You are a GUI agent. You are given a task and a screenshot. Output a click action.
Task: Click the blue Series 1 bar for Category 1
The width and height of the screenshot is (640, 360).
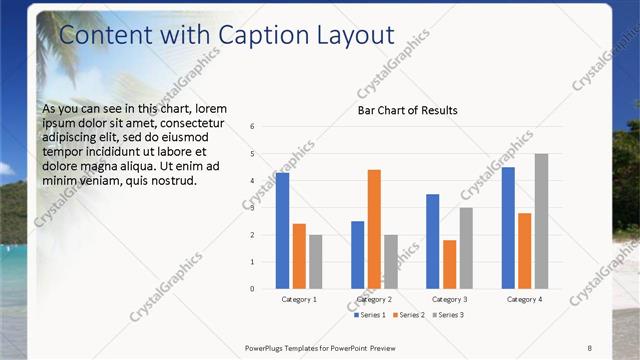[283, 231]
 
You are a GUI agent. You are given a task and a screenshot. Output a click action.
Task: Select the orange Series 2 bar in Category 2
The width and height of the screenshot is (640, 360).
[374, 229]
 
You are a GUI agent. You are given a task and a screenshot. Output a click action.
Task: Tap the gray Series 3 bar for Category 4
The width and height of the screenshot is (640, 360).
[541, 221]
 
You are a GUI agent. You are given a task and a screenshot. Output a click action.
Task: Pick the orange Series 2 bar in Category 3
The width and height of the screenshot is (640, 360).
[449, 264]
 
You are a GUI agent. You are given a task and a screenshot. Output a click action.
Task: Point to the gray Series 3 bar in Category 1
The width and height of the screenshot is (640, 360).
[316, 262]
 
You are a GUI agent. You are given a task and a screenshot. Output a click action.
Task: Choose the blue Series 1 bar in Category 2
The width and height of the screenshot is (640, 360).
[358, 255]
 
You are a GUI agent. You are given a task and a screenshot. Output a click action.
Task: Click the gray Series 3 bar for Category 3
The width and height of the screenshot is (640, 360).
[466, 248]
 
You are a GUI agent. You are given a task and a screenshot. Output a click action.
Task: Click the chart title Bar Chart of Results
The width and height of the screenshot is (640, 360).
[408, 110]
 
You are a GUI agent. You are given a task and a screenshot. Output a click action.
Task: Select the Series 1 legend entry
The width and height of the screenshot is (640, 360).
[370, 315]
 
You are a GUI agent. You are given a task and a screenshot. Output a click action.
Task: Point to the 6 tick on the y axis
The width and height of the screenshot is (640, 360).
[253, 127]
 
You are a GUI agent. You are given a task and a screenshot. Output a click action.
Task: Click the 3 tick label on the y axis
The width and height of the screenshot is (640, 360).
[253, 208]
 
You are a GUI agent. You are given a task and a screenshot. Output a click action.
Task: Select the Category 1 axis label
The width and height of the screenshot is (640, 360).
[299, 299]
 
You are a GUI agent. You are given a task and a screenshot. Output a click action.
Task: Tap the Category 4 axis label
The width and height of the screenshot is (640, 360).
[524, 299]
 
